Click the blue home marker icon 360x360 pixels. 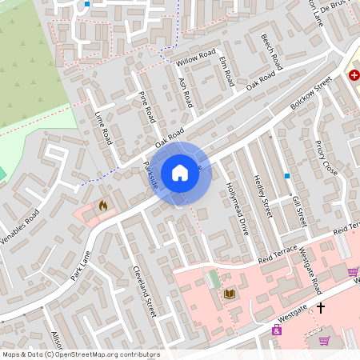pos(180,172)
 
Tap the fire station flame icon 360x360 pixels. pos(102,206)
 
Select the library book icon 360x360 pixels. pos(230,294)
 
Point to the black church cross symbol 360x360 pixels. pos(322,306)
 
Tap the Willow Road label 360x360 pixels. pos(197,58)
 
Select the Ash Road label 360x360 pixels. pos(186,93)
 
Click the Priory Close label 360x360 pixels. pos(326,158)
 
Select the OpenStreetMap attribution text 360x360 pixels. pos(81,354)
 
